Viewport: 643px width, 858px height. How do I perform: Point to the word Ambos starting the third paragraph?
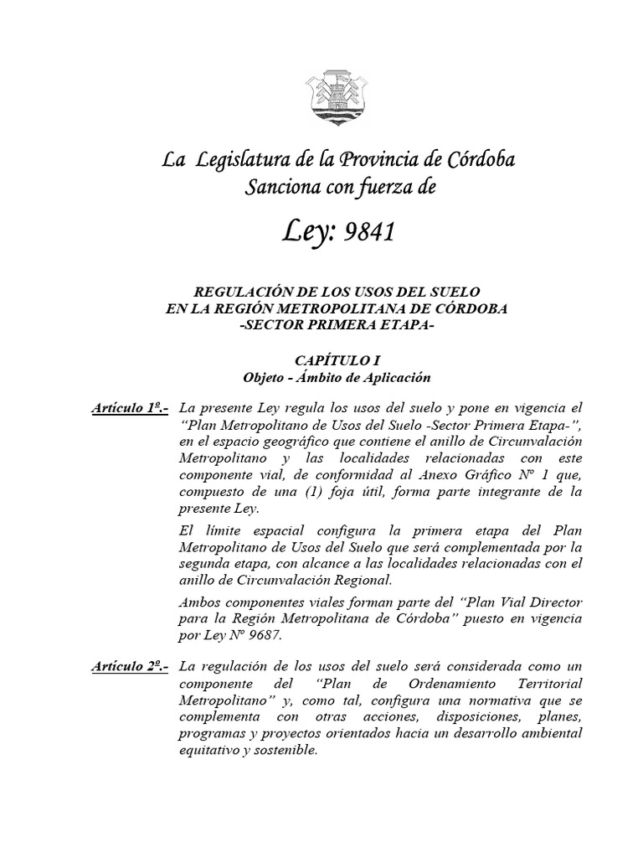200,602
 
